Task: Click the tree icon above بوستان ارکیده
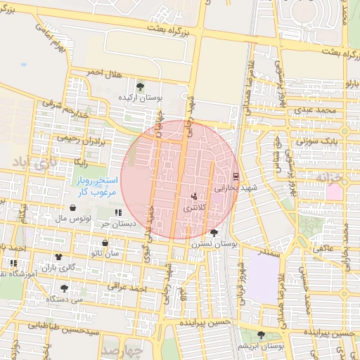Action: tap(141, 86)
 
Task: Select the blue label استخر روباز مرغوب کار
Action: tap(97, 186)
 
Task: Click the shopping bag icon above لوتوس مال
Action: tap(74, 208)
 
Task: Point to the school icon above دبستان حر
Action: tap(118, 212)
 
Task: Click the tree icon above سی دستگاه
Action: tap(65, 288)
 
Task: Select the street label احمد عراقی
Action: tap(128, 288)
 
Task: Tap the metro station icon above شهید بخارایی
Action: tap(235, 176)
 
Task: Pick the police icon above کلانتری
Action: tap(194, 197)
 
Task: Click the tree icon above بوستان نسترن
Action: tap(214, 232)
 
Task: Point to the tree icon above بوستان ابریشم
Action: tap(262, 335)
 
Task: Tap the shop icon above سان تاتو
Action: tap(105, 243)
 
